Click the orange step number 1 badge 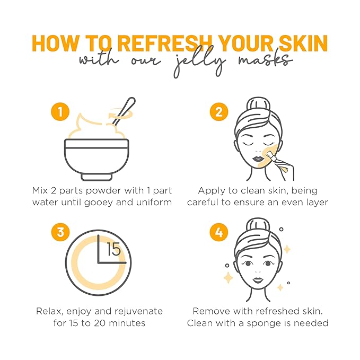coord(60,112)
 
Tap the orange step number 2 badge coord(217,112)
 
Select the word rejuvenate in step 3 coord(139,311)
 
